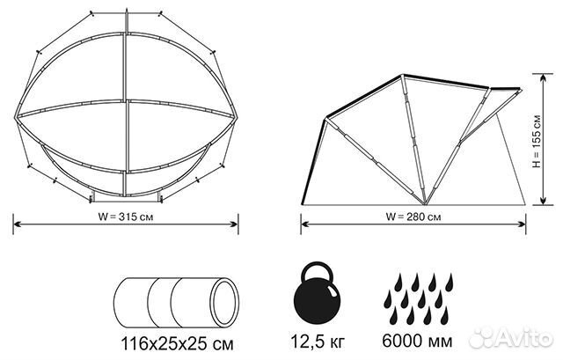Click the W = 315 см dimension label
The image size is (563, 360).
pos(126,217)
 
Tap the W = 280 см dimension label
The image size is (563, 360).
pos(413,217)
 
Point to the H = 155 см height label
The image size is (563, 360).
pos(536,141)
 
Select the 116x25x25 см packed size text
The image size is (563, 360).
pos(178,344)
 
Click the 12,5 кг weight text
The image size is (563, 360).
pos(317,341)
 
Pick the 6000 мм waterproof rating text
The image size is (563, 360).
pos(417,341)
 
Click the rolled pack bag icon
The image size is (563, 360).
pos(176,302)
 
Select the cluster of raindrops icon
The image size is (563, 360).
pos(419,299)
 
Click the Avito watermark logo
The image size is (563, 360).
pos(511,337)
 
